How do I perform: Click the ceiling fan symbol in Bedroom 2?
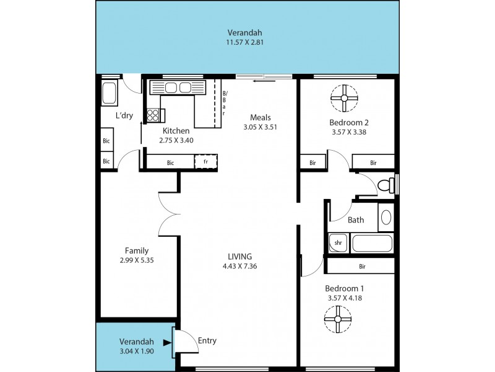[x=344, y=97]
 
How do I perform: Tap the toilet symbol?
[x=385, y=185]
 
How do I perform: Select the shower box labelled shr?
[x=338, y=243]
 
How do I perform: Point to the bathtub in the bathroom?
[x=372, y=243]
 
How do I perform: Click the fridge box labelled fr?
[x=205, y=162]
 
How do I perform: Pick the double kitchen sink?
[x=177, y=87]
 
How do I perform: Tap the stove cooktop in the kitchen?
[x=153, y=115]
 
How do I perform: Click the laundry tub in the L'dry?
[x=110, y=94]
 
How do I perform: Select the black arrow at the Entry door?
[x=166, y=342]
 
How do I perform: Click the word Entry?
[x=207, y=340]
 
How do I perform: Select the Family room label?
[x=136, y=250]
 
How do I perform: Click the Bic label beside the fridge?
[x=170, y=163]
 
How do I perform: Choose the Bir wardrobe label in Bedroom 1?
[x=361, y=266]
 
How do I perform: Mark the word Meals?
[x=261, y=118]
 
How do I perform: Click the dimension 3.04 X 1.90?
[x=136, y=351]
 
